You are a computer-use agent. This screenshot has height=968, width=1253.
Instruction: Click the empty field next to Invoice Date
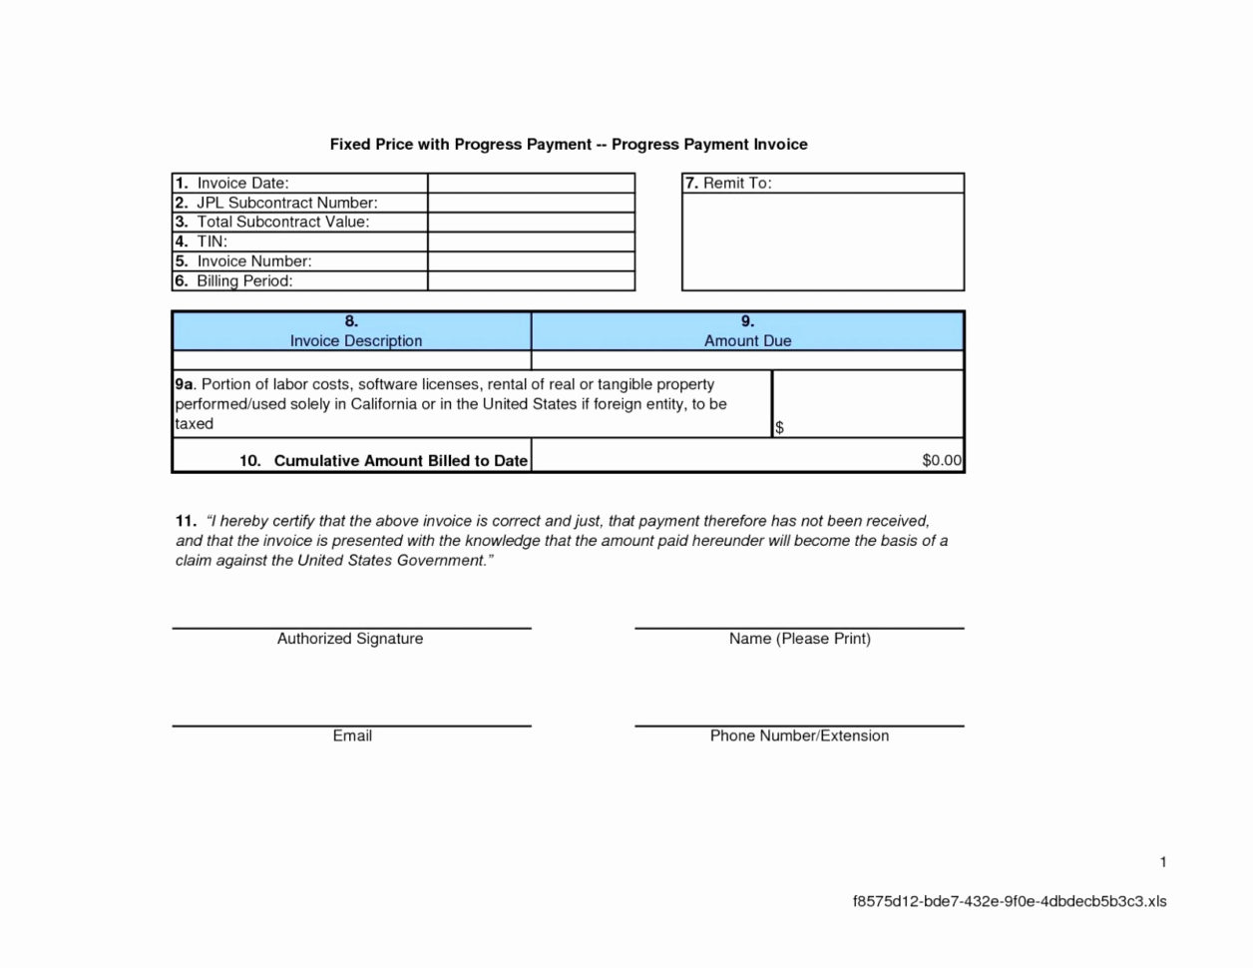[531, 184]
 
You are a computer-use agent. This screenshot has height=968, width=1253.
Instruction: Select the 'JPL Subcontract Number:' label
[286, 203]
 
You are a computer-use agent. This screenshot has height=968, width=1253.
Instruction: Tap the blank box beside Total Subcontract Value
[531, 223]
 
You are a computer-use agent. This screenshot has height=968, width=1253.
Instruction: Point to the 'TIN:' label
[211, 242]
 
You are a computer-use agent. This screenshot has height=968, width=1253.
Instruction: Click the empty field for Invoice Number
[531, 261]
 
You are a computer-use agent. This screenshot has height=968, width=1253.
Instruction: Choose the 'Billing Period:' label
[243, 281]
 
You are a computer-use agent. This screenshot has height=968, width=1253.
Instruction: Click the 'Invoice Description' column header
[356, 341]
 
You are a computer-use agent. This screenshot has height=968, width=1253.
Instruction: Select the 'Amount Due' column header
[747, 341]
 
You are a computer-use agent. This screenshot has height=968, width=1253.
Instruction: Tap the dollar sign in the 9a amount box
[779, 428]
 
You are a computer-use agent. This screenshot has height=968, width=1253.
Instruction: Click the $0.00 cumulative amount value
[941, 461]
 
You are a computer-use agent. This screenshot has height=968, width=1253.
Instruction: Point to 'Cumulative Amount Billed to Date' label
[400, 461]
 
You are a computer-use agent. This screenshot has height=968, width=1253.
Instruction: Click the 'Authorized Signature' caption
[350, 639]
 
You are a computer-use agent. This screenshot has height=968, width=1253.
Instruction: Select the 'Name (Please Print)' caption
[799, 639]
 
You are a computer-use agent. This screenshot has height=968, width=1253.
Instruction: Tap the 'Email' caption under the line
[352, 735]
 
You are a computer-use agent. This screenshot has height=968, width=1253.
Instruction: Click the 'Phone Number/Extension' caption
[799, 735]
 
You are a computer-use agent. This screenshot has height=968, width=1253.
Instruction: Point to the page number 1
[1163, 862]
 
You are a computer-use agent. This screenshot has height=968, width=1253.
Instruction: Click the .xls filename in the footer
[1009, 902]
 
